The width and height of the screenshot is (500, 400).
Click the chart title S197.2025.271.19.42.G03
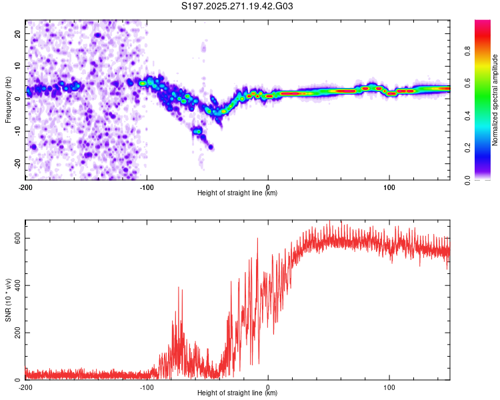pyautogui.click(x=238, y=7)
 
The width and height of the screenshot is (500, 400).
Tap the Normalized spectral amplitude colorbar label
pyautogui.click(x=495, y=99)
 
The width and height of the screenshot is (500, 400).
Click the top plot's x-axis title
pyautogui.click(x=237, y=193)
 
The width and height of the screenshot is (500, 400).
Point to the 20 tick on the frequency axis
pyautogui.click(x=17, y=33)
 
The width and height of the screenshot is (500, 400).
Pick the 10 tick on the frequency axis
pyautogui.click(x=17, y=66)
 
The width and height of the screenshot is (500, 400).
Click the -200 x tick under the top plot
pyautogui.click(x=25, y=186)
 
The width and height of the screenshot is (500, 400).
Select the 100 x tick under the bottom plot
pyautogui.click(x=389, y=386)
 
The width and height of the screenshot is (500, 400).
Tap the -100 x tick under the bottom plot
pyautogui.click(x=147, y=386)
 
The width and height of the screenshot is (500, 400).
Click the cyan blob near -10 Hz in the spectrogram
pyautogui.click(x=197, y=131)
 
